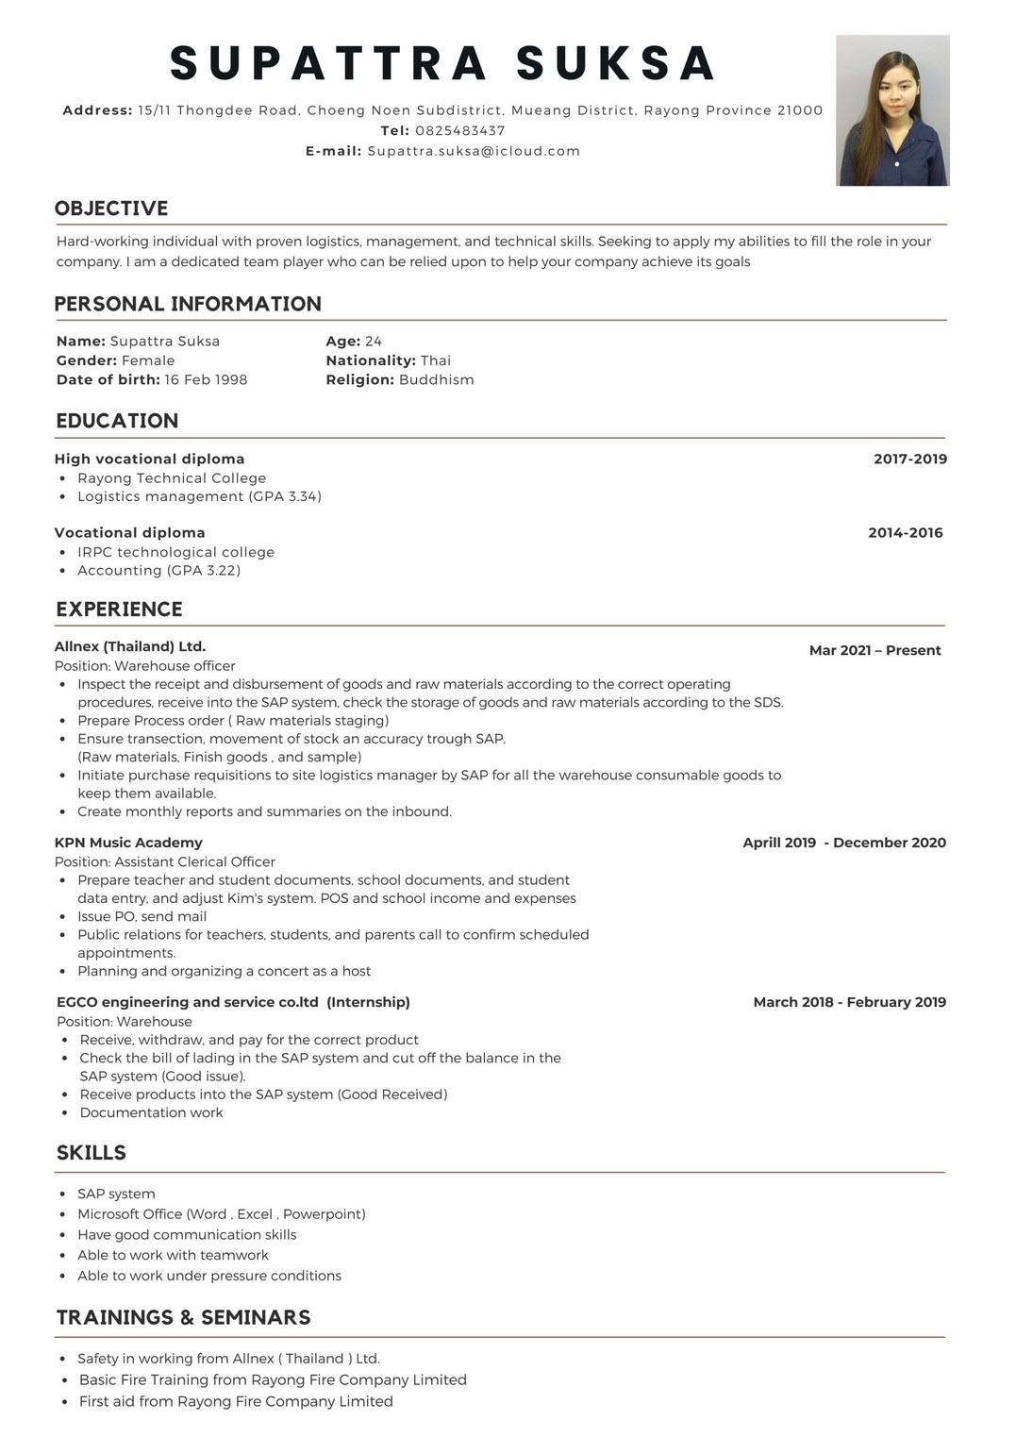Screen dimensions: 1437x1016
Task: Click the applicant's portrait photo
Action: [x=892, y=110]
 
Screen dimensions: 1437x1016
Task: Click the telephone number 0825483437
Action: [x=459, y=130]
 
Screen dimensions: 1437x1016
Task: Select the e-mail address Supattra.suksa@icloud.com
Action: [x=474, y=151]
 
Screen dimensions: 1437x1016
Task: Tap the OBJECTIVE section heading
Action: [x=111, y=209]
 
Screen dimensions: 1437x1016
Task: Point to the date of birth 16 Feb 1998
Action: [x=206, y=379]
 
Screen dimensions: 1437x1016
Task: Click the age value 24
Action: [x=374, y=341]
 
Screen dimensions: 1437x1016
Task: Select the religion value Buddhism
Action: [x=436, y=379]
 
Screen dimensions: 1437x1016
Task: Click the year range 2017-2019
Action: [x=909, y=459]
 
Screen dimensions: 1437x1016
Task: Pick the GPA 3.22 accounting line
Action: [x=158, y=570]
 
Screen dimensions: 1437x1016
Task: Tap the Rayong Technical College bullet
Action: [x=172, y=477]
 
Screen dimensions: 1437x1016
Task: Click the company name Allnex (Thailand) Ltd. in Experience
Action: [x=130, y=646]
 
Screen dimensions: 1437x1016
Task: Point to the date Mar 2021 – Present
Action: [x=874, y=650]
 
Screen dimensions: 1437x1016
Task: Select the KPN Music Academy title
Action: [x=128, y=843]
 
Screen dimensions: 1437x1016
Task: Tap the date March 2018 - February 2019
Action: [x=849, y=1002]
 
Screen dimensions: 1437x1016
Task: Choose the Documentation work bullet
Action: [x=151, y=1112]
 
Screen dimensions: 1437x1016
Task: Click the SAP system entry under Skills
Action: [x=116, y=1194]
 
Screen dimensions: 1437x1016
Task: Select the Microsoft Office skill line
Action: [x=221, y=1214]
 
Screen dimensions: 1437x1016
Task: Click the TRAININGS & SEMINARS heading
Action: [x=183, y=1317]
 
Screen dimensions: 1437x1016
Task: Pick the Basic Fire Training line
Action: [x=273, y=1379]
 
